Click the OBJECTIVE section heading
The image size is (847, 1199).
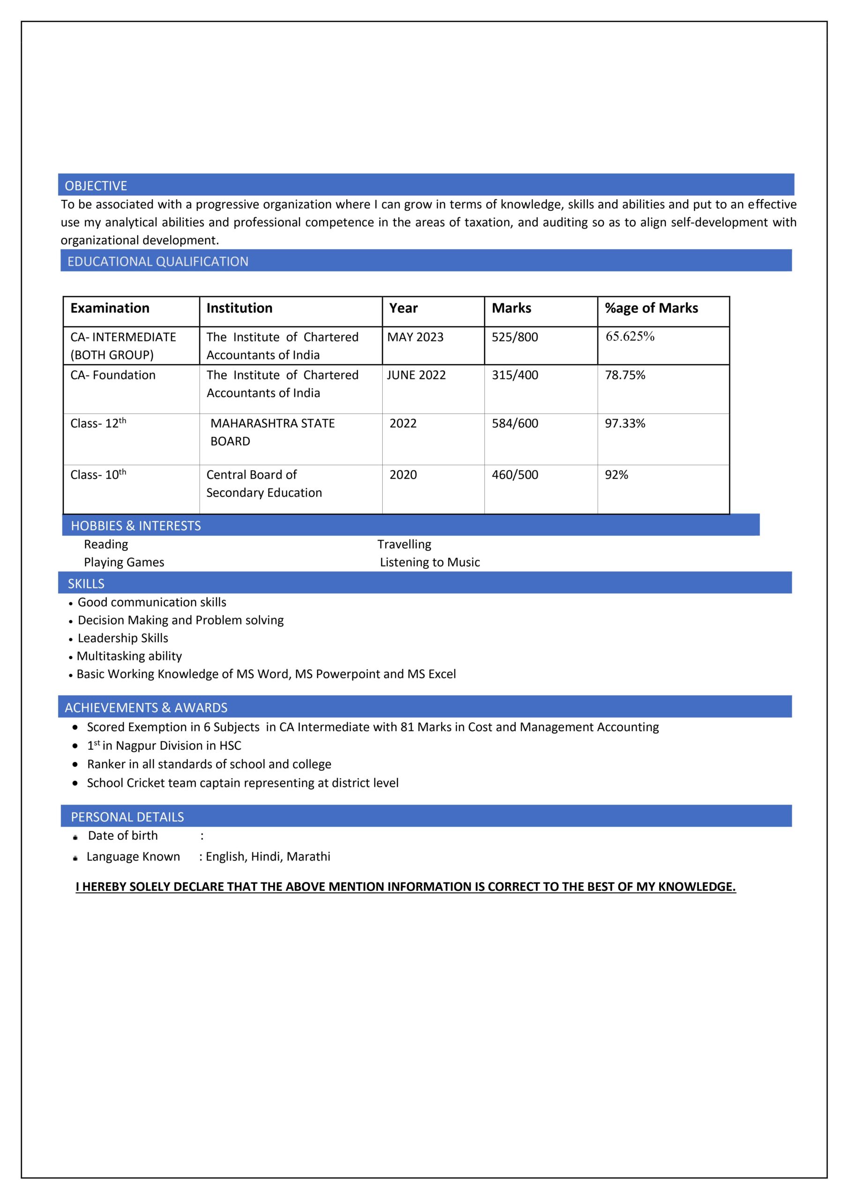pos(96,186)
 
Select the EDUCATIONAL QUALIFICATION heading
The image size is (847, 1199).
pos(158,262)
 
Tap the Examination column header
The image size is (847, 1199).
pos(110,308)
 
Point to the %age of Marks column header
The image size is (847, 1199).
pos(651,308)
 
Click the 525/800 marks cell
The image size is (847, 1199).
pos(514,337)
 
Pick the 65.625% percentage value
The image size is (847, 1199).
pos(630,336)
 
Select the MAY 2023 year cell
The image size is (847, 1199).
pos(415,337)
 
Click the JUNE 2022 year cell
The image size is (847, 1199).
pos(416,375)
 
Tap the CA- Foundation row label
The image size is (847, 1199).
pos(113,375)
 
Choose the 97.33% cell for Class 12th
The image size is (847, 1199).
pos(624,423)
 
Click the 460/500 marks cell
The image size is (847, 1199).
pos(514,475)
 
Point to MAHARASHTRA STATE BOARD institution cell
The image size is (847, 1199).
pos(272,432)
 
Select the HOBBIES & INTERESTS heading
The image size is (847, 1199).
pos(136,526)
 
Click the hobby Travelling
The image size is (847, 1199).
pos(404,544)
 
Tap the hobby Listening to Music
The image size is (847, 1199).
pos(429,562)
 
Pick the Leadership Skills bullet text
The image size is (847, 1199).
pos(123,638)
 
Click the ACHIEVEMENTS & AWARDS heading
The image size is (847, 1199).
pos(146,708)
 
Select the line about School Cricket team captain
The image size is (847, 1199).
pos(242,783)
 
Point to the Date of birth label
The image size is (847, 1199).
pos(123,836)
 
